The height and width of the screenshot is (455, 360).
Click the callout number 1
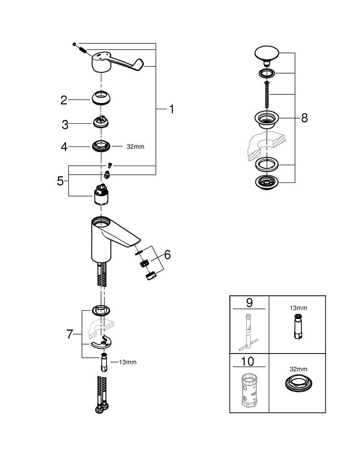pos(171,109)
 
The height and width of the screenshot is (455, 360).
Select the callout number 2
pos(64,100)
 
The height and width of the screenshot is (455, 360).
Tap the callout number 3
pos(65,124)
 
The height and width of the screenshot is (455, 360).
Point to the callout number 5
pos(60,181)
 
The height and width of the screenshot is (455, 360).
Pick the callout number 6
pos(167,255)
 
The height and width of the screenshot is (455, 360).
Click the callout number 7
pos(70,334)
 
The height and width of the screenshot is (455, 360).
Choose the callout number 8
pos(304,118)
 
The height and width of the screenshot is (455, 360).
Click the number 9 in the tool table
pos(249,303)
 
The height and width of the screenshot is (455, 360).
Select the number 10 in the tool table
pos(249,362)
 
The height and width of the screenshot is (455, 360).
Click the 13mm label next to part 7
pos(127,362)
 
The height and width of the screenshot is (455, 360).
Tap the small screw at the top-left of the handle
pos(74,44)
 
